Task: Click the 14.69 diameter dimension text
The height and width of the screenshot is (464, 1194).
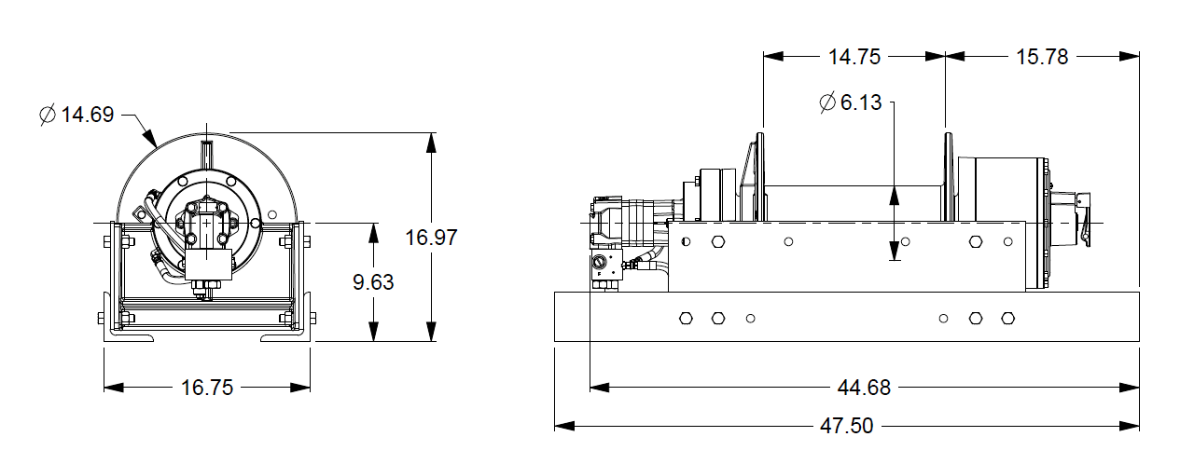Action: pyautogui.click(x=89, y=115)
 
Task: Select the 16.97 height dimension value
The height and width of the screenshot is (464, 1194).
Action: pyautogui.click(x=431, y=237)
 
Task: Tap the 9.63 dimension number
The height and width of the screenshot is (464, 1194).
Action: pyautogui.click(x=373, y=282)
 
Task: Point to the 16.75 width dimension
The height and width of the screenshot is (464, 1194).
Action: pyautogui.click(x=207, y=388)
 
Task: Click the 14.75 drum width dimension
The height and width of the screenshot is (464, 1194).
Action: pyautogui.click(x=854, y=57)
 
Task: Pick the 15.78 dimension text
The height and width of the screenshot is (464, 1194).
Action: pyautogui.click(x=1042, y=57)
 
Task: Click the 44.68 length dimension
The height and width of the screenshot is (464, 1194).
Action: pyautogui.click(x=865, y=388)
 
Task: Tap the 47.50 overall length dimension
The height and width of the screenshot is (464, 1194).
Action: pyautogui.click(x=847, y=426)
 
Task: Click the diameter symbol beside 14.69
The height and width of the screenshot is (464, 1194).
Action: pyautogui.click(x=49, y=115)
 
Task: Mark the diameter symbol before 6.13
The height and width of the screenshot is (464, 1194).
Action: pyautogui.click(x=827, y=102)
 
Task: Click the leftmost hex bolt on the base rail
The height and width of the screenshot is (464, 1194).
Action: pyautogui.click(x=686, y=319)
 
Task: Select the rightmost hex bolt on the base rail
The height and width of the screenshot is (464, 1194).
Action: pyautogui.click(x=1007, y=319)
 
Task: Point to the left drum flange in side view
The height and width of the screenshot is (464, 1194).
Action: pyautogui.click(x=759, y=177)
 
